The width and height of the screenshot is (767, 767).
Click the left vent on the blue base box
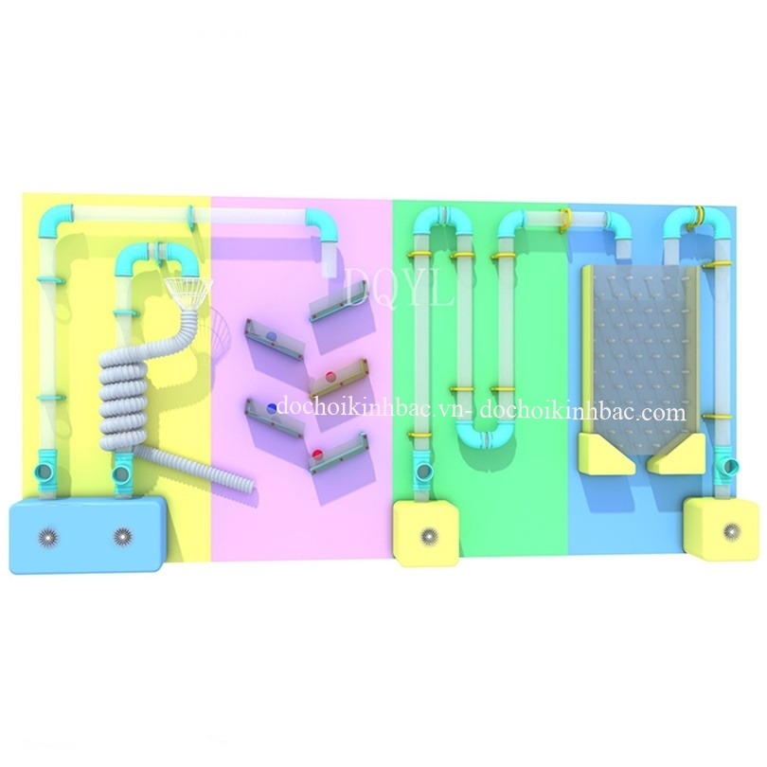[x=47, y=537]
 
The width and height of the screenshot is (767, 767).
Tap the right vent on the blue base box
[x=122, y=537]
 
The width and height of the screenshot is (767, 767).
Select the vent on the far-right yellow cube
[x=731, y=529]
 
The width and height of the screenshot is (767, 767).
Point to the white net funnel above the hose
[x=189, y=293]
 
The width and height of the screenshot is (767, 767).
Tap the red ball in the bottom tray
[x=318, y=453]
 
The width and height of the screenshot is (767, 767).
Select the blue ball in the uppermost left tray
[x=271, y=336]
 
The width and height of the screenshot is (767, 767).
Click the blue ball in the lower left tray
[x=272, y=407]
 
